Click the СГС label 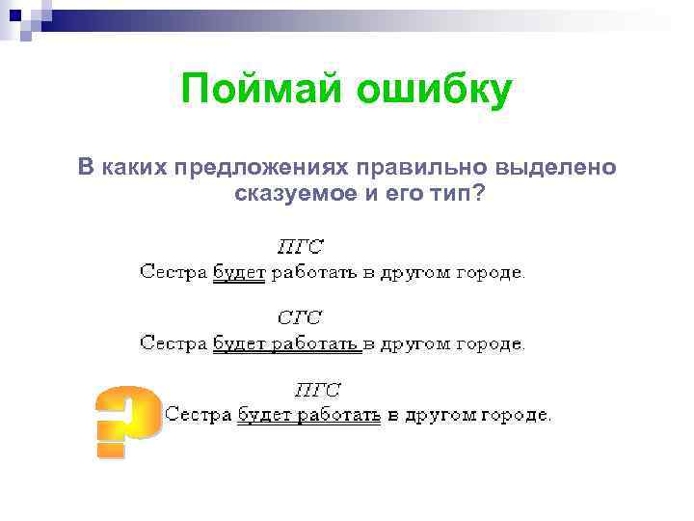point(300,317)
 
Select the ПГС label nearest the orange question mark point(317,390)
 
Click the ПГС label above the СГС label point(300,246)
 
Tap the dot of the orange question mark point(112,447)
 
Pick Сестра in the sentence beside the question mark point(198,416)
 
